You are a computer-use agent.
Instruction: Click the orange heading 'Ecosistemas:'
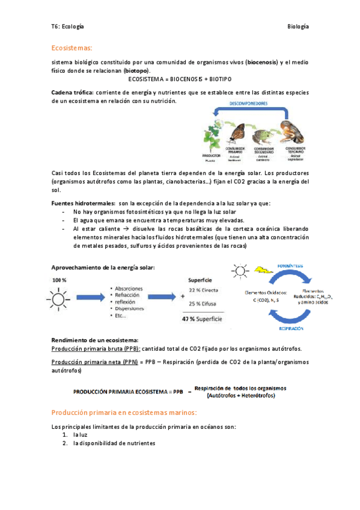[72, 47]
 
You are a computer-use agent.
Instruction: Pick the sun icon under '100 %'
[60, 297]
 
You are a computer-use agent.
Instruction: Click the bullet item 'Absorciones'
[130, 287]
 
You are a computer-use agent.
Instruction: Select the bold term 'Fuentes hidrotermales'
[83, 203]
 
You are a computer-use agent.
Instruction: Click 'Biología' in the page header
[298, 27]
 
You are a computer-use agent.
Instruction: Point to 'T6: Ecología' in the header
[67, 27]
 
